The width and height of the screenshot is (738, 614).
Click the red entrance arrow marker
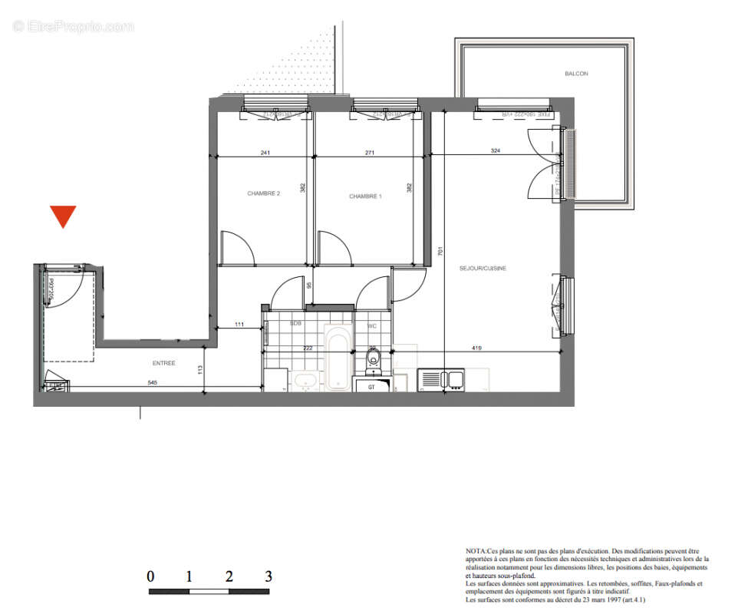point(63,216)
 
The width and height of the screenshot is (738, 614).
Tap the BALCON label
point(576,74)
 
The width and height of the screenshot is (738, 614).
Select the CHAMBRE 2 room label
point(263,194)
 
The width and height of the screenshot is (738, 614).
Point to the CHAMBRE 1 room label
point(365,196)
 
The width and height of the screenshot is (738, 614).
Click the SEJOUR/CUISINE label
point(483,268)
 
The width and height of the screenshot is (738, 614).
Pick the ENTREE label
point(164,363)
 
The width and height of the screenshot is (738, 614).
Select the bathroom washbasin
point(305,379)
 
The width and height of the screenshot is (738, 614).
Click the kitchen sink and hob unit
point(441,379)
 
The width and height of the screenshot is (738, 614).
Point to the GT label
point(372,387)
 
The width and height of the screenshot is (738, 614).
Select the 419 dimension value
point(476,348)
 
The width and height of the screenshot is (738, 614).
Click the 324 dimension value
point(495,151)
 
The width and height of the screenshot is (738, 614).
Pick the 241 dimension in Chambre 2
point(265,153)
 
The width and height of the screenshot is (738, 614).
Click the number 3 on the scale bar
point(268,576)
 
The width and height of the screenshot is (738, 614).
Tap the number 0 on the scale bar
point(150,576)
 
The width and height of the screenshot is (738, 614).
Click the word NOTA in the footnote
point(476,551)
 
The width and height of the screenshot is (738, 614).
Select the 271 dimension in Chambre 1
point(370,153)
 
